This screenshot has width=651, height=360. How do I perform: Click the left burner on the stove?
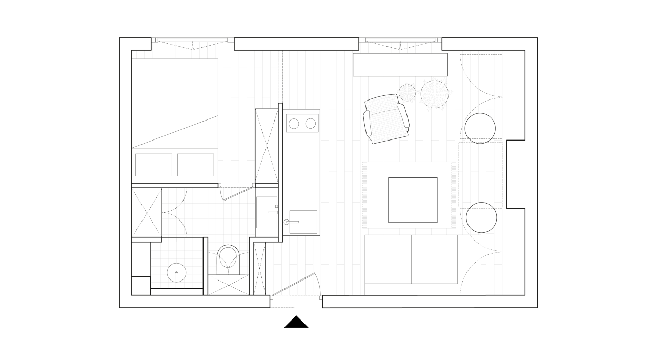(294, 124)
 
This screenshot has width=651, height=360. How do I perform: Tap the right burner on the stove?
(310, 124)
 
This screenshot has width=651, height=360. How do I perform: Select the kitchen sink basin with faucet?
(302, 222)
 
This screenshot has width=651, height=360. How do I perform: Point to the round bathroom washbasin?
(177, 271)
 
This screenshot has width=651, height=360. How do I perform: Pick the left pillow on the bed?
(154, 165)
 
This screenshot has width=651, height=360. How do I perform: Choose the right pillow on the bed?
(195, 165)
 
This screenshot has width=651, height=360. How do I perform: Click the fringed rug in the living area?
(409, 195)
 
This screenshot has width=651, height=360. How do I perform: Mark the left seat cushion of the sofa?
(388, 259)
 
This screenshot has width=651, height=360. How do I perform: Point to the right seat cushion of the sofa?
(435, 259)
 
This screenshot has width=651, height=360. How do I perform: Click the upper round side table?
(480, 128)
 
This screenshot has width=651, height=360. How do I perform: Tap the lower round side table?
(481, 217)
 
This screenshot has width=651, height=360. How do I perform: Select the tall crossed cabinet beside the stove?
(267, 146)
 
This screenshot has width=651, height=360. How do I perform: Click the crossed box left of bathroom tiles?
(146, 212)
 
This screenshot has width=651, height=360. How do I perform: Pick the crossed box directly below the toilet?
(227, 285)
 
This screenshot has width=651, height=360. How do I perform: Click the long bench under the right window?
(400, 64)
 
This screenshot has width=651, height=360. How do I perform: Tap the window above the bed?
(192, 44)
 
